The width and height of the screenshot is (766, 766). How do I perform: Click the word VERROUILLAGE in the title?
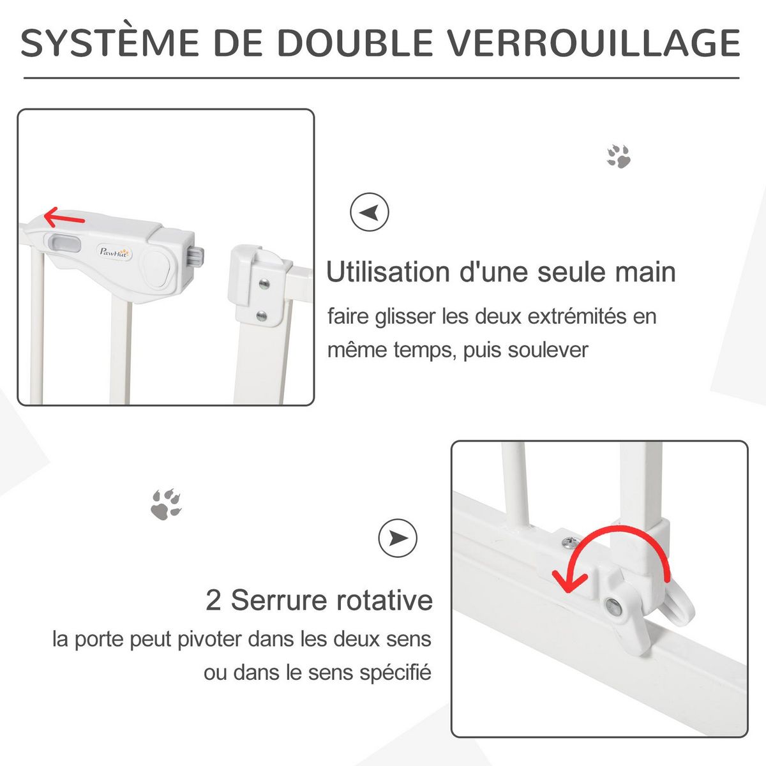592,43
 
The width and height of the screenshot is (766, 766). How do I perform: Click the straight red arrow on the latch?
64,218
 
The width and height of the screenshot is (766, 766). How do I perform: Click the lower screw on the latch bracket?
261,315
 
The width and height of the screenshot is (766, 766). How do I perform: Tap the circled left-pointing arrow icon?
370,212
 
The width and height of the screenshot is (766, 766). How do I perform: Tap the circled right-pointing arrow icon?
398,537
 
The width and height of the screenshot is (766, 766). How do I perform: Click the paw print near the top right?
619,156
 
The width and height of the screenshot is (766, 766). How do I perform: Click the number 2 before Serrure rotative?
213,601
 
